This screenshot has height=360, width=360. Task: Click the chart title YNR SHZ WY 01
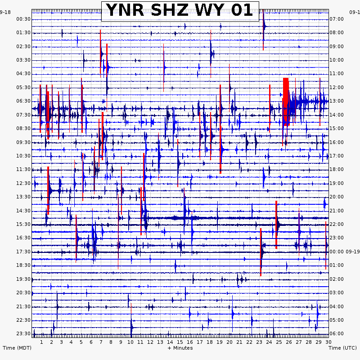click(180, 11)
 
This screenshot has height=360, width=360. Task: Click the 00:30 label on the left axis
click(23, 19)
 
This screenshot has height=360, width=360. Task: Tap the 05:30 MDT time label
click(23, 87)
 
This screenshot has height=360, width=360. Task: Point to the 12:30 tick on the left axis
click(23, 183)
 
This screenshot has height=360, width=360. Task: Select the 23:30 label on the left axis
click(23, 333)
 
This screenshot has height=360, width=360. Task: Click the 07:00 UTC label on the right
click(337, 19)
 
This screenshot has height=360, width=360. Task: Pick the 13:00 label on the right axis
click(337, 101)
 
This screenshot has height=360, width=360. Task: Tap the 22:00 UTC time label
click(337, 224)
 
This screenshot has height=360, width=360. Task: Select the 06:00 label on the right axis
click(337, 333)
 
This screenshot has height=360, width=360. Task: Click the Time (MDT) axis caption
click(16, 348)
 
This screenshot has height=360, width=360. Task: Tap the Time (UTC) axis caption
click(342, 348)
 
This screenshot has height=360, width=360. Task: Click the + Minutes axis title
click(180, 348)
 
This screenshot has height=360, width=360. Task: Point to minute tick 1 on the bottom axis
click(41, 342)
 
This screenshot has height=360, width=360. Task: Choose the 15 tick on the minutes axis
click(180, 342)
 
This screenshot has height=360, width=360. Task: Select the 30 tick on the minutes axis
click(328, 342)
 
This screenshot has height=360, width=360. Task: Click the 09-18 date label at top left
click(5, 12)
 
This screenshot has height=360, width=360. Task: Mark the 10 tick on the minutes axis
click(130, 342)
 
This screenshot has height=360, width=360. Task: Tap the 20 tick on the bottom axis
click(229, 342)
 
